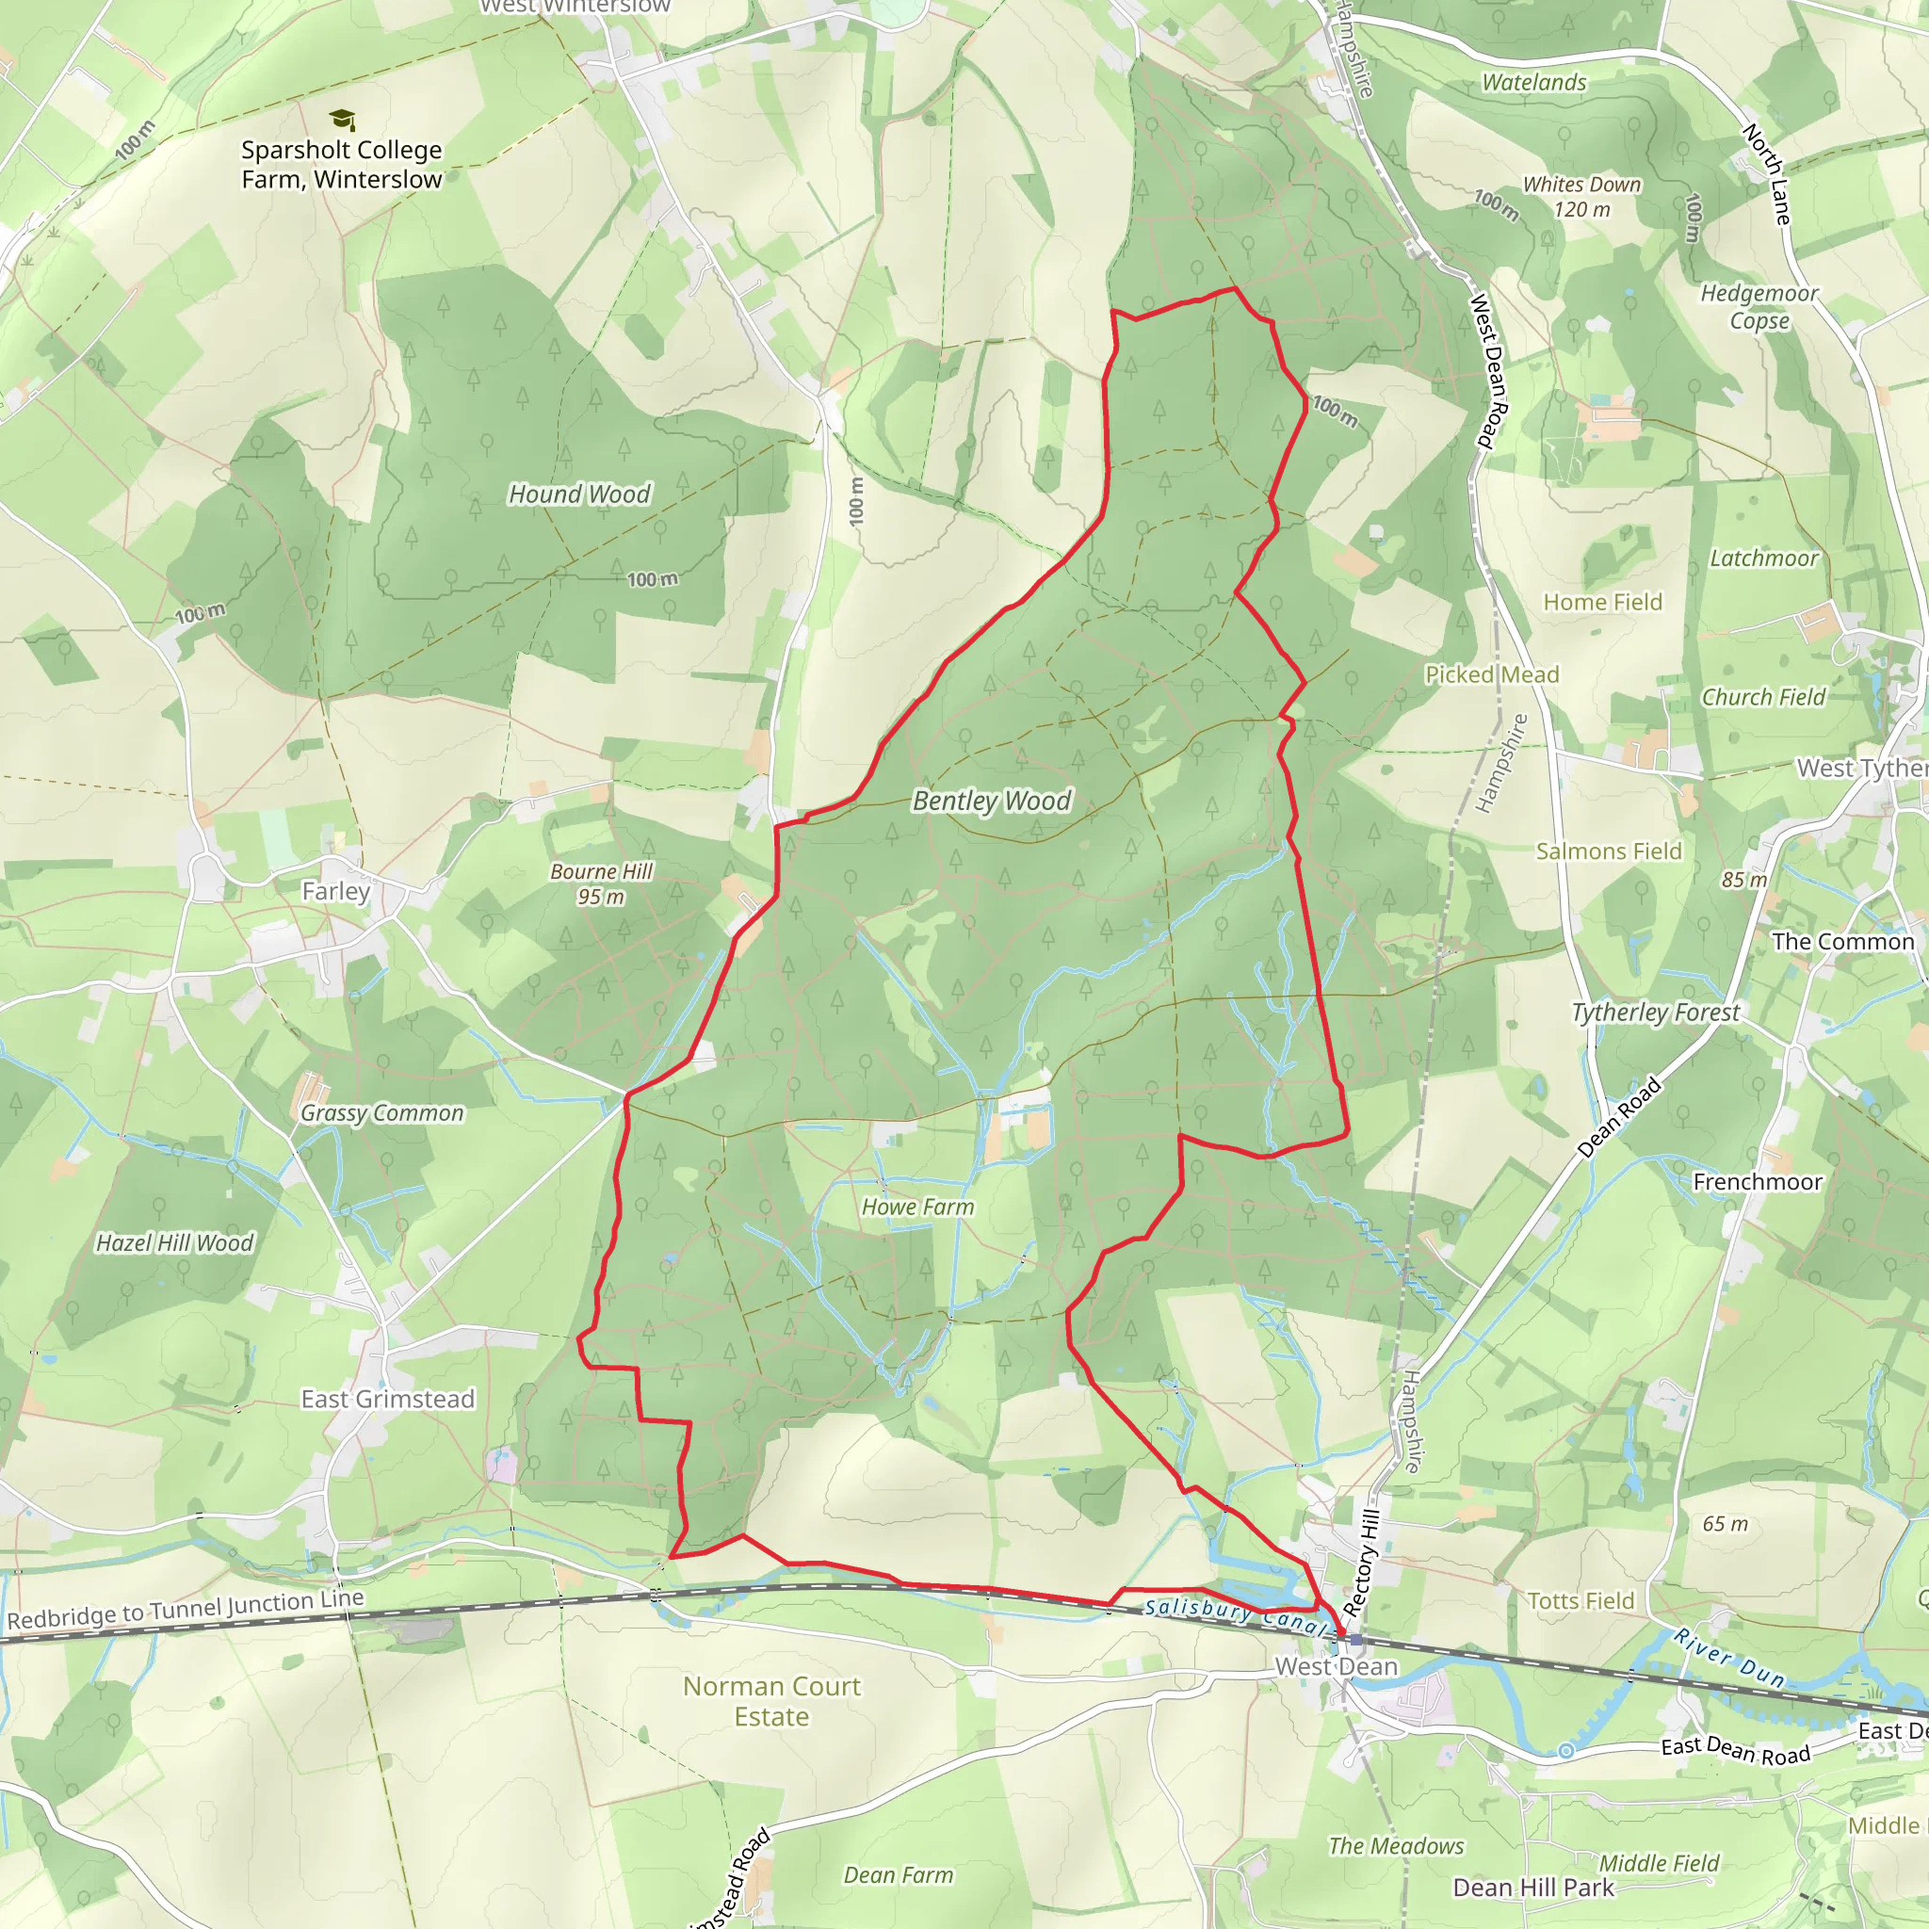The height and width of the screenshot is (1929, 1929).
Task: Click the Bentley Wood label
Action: tap(992, 801)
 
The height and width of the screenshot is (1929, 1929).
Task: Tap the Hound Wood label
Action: tap(579, 494)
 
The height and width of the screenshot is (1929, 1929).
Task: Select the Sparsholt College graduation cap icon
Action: tap(342, 120)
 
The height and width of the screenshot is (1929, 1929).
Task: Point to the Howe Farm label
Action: tap(917, 1208)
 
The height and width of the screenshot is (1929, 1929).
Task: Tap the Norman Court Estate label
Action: tap(771, 1701)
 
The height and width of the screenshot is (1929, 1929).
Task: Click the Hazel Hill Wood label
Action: tap(175, 1243)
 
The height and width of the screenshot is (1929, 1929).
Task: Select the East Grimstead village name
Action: tap(387, 1399)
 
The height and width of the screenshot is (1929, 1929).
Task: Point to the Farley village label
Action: tap(335, 891)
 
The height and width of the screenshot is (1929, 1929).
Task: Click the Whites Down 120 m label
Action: tap(1581, 197)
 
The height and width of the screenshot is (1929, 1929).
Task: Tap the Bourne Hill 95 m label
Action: tap(601, 883)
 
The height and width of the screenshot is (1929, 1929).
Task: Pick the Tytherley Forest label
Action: tap(1656, 1013)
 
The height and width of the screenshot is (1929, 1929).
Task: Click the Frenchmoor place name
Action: tap(1758, 1182)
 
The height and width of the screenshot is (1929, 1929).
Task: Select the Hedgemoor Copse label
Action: tap(1759, 306)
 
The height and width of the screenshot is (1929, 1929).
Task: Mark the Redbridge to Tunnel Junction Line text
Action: tap(186, 1609)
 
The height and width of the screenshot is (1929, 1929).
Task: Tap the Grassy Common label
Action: tap(382, 1112)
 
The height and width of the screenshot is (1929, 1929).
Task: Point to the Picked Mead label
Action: tap(1492, 675)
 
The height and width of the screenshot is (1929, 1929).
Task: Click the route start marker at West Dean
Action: tap(1354, 1640)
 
